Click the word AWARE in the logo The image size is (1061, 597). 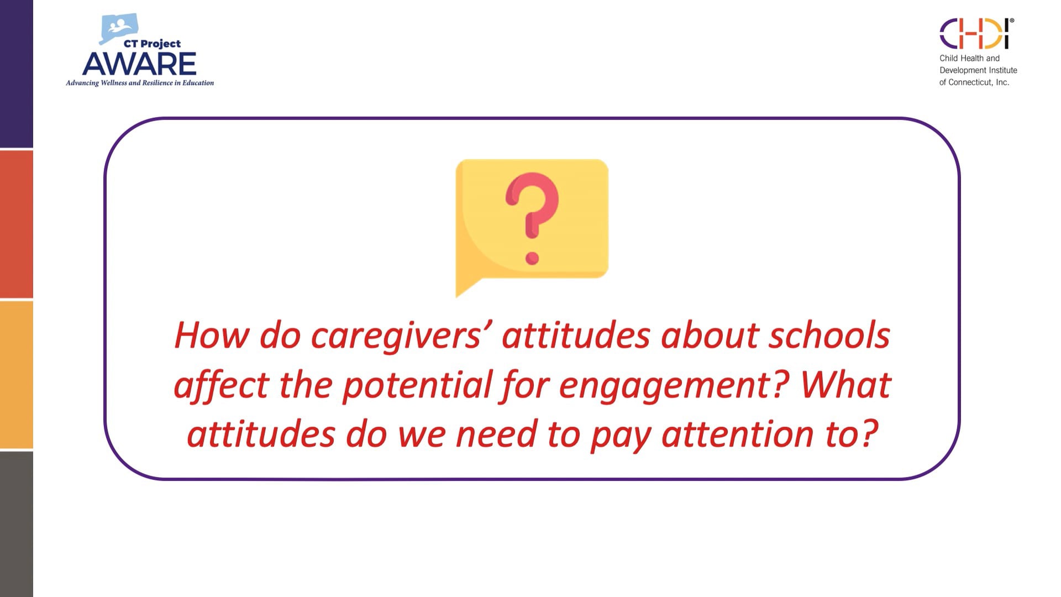(x=139, y=64)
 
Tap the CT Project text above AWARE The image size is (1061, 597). (x=152, y=44)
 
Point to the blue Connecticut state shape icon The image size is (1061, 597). (x=118, y=28)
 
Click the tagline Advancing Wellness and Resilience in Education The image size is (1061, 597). (x=140, y=83)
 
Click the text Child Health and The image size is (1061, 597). (x=969, y=58)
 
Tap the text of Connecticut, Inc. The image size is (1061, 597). (x=974, y=82)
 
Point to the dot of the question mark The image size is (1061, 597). (x=532, y=258)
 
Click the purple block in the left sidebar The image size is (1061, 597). (x=17, y=74)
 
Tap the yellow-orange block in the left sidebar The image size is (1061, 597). (x=17, y=374)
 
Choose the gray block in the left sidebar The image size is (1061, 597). (x=17, y=524)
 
